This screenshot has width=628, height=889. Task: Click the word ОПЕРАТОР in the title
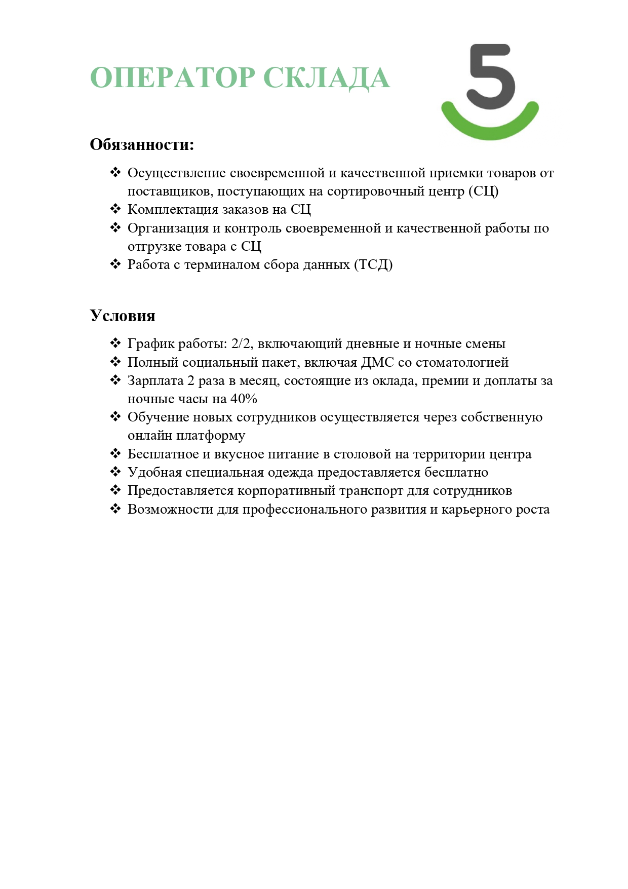172,78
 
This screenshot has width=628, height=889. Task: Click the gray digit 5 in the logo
490,76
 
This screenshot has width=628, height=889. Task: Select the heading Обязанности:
142,145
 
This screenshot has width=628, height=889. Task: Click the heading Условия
123,316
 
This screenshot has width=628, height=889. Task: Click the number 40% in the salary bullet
244,399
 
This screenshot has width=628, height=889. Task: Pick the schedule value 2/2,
242,344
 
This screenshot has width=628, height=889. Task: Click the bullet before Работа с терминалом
115,264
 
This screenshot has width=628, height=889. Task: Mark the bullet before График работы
115,343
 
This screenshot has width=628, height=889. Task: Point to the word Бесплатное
163,454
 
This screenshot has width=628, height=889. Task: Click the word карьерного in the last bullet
469,510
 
